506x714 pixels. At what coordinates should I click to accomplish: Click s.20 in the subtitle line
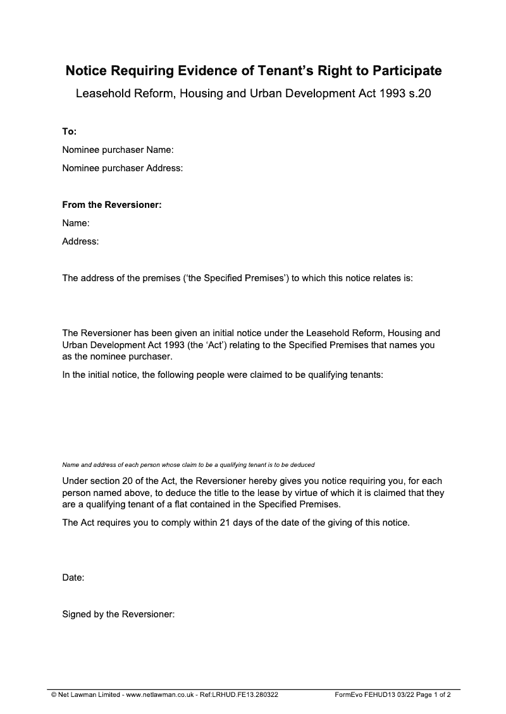(x=418, y=94)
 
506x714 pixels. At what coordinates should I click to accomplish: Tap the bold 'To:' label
(x=69, y=131)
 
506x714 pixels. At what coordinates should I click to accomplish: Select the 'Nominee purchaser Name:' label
(x=118, y=150)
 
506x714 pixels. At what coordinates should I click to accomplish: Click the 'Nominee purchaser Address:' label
(x=123, y=168)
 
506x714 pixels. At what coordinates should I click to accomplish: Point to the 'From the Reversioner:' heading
(x=112, y=205)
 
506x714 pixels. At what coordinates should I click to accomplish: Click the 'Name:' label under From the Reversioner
(x=75, y=223)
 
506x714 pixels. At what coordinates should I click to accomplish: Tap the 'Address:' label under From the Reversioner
(x=80, y=241)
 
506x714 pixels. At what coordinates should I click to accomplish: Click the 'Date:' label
(x=73, y=578)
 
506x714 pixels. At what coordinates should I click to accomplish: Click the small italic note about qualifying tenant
(x=188, y=464)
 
